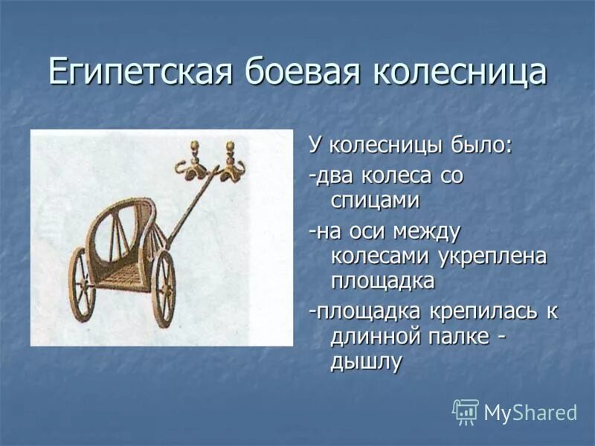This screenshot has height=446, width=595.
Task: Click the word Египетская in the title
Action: pos(141,71)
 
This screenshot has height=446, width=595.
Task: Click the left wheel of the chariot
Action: pos(82,285)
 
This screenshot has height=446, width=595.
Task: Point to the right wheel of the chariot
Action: pos(164,289)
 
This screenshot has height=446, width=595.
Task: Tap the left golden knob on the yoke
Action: pos(195,146)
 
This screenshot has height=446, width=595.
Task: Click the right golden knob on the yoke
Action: pos(230,147)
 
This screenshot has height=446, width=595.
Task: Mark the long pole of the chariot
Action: pos(192,206)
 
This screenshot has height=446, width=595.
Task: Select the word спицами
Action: pos(375,199)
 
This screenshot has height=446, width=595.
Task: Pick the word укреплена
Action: pos(492,256)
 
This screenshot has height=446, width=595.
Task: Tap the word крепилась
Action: pos(485,312)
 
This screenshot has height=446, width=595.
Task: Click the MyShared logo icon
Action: pos(466,412)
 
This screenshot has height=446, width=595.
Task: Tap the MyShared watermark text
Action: pos(530,413)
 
